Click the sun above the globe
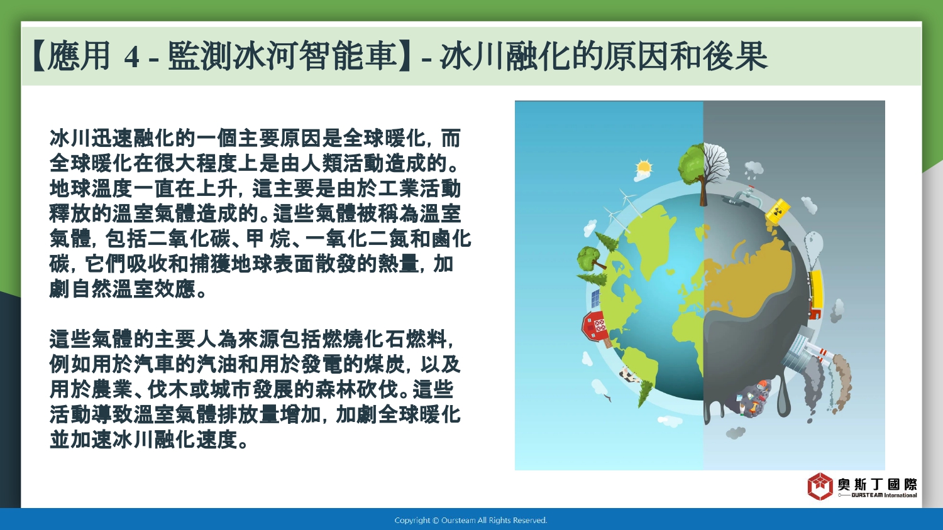tap(644, 168)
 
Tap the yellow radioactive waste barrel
tap(778, 210)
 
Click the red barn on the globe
tap(595, 325)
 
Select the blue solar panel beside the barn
tap(595, 298)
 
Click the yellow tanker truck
tap(815, 294)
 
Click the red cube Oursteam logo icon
tap(820, 486)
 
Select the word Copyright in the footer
tap(412, 521)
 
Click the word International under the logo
tap(900, 495)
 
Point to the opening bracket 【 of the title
tap(39, 56)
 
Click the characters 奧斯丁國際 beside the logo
tap(878, 484)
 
